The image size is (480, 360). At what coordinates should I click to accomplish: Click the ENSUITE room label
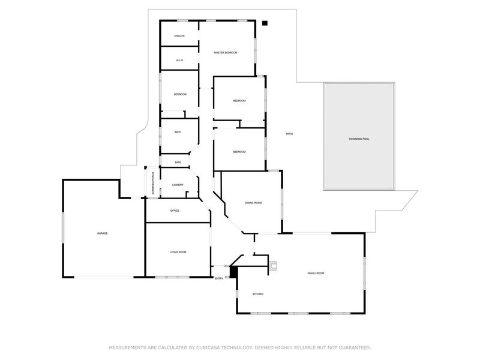(179, 37)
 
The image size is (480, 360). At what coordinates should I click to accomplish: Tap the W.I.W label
(179, 61)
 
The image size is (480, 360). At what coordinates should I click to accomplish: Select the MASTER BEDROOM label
(226, 53)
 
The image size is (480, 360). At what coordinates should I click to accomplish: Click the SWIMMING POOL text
(359, 139)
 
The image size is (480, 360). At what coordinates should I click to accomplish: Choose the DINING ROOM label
(253, 203)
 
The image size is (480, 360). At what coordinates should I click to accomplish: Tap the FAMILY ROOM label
(316, 273)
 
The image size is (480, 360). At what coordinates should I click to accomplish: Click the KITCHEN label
(258, 294)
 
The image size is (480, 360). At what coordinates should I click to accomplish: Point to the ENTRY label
(219, 278)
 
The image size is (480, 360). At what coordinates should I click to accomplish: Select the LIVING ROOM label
(178, 252)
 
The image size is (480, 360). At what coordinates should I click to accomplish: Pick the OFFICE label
(175, 211)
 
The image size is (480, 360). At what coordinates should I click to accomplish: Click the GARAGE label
(103, 233)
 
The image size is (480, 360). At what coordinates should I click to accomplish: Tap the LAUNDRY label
(177, 185)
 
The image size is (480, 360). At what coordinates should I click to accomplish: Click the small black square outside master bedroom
(264, 24)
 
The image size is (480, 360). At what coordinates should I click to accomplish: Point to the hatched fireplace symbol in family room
(273, 266)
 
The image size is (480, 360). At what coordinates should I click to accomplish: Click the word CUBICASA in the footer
(210, 347)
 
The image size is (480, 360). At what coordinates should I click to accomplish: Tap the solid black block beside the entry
(235, 271)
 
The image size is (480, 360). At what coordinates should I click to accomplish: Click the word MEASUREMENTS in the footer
(127, 347)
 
